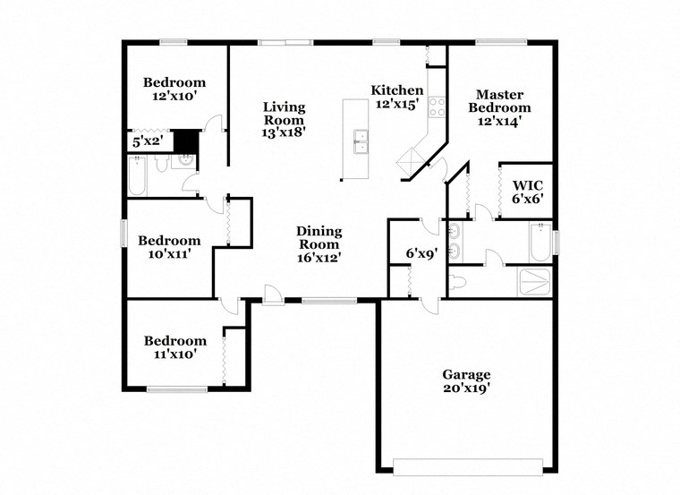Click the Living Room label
point(284,120)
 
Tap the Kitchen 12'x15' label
point(397,97)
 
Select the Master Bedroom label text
point(499,107)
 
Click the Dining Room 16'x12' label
point(319,243)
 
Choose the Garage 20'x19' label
point(466,381)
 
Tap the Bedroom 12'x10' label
point(174,89)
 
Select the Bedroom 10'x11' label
point(168,247)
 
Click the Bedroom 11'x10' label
point(175,347)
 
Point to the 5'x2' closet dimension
point(148,141)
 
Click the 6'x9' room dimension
point(421,254)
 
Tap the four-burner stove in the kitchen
point(438,107)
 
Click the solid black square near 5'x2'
point(185,141)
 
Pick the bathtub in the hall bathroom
point(137,175)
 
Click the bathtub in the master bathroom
point(540,242)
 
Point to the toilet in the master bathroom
point(458,282)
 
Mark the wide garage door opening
point(468,465)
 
